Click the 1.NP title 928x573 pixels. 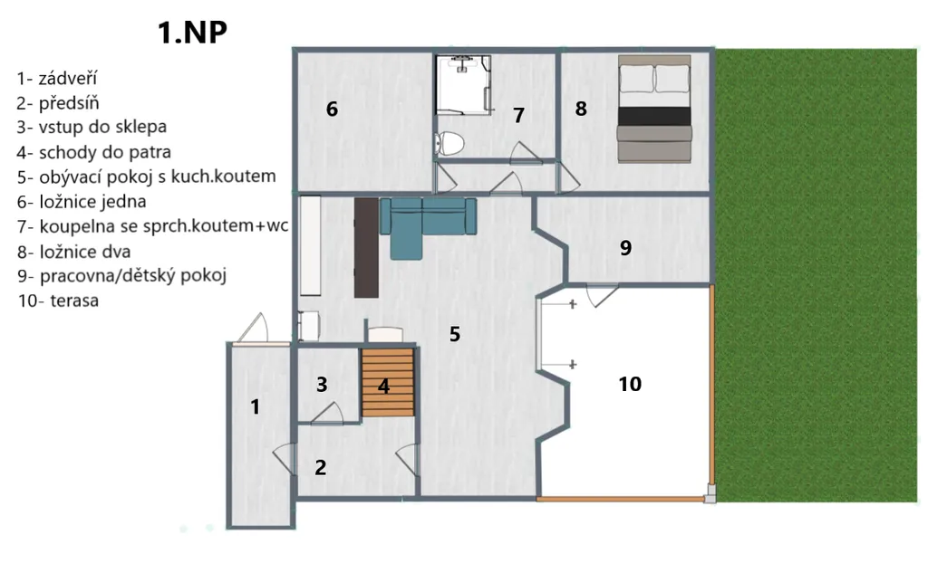tap(192, 33)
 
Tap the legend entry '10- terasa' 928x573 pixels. tap(58, 301)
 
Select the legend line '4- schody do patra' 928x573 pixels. tap(93, 152)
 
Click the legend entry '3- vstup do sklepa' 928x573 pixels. tap(92, 127)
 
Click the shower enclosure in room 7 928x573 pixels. tap(463, 84)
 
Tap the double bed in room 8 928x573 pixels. tap(654, 109)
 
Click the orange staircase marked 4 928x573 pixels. tap(388, 382)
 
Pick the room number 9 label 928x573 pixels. tap(625, 247)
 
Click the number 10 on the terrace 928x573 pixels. tap(630, 384)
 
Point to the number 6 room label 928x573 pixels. tap(332, 109)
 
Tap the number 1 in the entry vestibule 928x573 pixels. tap(255, 406)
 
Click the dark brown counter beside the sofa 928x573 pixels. tap(366, 248)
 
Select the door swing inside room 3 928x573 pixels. tap(327, 414)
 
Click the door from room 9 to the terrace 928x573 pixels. tap(602, 295)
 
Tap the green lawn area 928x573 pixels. tap(817, 275)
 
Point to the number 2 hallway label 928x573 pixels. tap(320, 468)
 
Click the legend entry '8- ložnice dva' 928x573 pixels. tap(74, 252)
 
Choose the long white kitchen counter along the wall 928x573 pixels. tap(311, 245)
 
